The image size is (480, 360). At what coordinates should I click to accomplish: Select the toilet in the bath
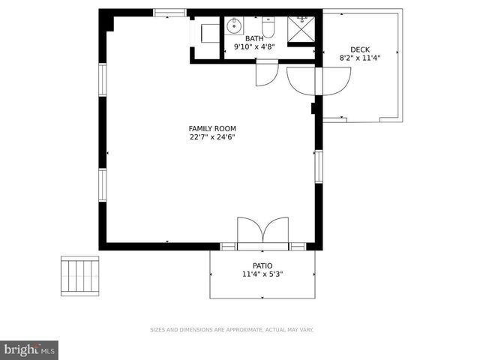(268, 28)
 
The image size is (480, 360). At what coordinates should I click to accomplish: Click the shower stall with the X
(301, 28)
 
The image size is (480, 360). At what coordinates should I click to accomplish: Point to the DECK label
(359, 49)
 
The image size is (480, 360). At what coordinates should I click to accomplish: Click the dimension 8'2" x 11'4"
(359, 58)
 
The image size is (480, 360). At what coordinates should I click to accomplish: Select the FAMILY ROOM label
(212, 128)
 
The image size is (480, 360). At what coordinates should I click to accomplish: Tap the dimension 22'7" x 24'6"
(212, 137)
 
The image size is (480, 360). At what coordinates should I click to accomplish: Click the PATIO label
(262, 265)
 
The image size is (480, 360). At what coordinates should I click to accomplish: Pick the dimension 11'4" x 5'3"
(262, 274)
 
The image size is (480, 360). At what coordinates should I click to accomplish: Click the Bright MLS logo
(29, 349)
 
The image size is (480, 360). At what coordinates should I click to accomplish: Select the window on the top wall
(169, 12)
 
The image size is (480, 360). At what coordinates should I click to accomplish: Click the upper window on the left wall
(102, 79)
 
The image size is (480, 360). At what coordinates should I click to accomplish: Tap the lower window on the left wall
(102, 184)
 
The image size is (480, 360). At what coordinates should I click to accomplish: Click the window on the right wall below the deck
(318, 166)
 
